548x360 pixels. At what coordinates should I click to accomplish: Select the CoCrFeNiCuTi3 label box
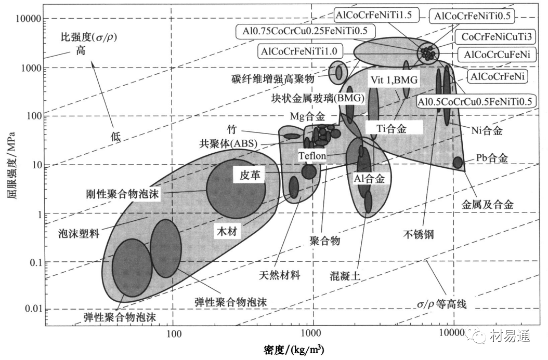point(497,36)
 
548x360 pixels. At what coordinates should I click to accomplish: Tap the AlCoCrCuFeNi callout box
point(497,55)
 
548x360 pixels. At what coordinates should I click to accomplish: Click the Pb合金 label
point(492,158)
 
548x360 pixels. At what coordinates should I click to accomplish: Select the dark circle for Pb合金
point(458,163)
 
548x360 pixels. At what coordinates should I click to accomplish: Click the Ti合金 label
point(392,128)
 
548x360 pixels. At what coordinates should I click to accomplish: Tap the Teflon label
point(312,156)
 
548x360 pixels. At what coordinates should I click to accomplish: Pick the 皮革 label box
point(250,175)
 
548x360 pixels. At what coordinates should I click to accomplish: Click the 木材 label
point(227,231)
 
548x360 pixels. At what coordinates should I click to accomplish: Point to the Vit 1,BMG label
point(394,80)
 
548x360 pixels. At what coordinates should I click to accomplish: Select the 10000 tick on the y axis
point(28,18)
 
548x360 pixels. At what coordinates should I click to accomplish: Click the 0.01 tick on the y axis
point(33,309)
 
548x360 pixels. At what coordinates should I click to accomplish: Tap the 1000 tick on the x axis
point(310,333)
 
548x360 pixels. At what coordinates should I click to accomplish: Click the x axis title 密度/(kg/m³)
point(294,350)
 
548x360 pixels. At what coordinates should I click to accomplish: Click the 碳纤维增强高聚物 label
point(272,78)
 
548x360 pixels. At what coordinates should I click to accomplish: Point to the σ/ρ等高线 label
point(441,304)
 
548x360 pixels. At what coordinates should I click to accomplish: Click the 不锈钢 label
point(419,234)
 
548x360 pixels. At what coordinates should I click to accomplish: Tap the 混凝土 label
point(345,276)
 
